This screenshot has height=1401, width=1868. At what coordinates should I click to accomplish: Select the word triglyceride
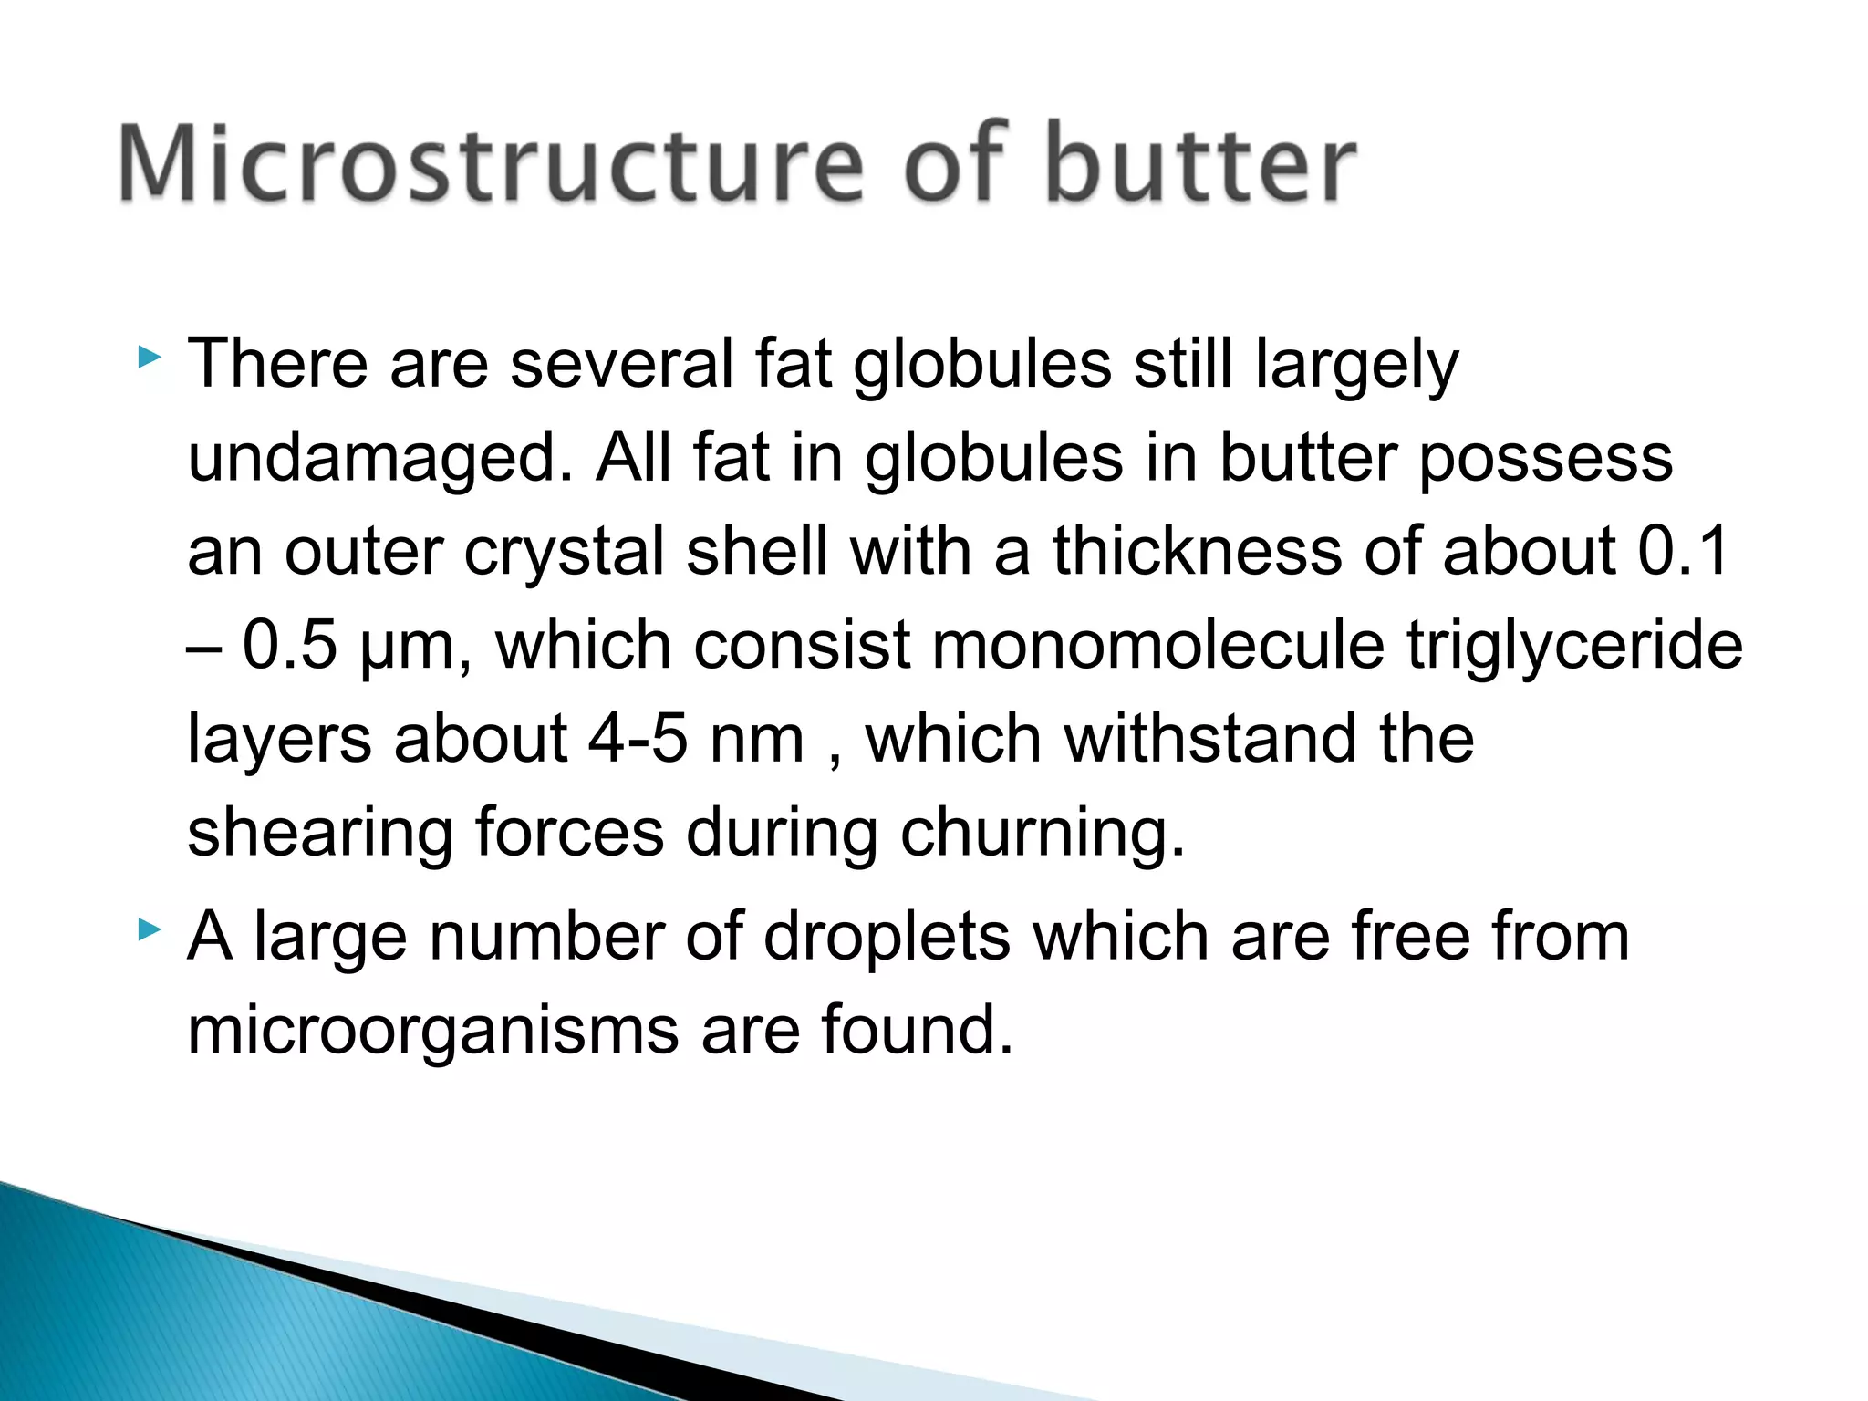1574,646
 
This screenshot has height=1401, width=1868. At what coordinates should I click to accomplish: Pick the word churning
1043,834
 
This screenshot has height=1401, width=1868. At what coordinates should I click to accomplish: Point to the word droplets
887,937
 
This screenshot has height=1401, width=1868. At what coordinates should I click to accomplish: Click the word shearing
320,834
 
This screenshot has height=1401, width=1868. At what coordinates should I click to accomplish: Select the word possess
1546,459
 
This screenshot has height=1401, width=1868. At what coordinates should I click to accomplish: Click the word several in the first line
622,364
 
